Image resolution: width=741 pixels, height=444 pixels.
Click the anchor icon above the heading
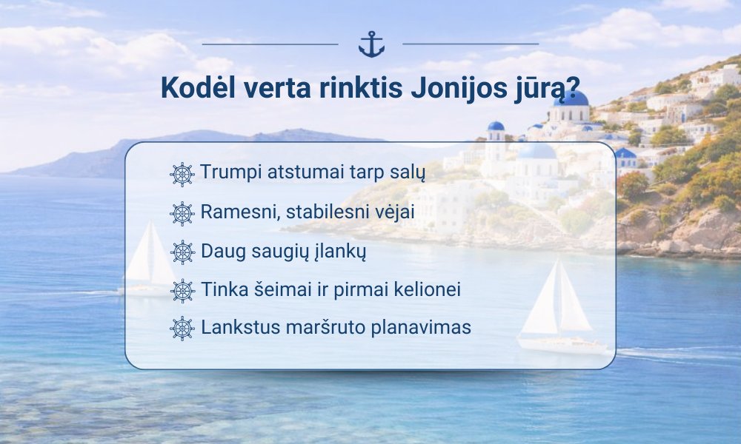(x=371, y=44)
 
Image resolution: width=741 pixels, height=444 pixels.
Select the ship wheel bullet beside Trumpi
(x=182, y=175)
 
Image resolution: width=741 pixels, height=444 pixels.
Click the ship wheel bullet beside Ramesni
(x=182, y=214)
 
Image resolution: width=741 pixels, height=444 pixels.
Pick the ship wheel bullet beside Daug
(x=182, y=252)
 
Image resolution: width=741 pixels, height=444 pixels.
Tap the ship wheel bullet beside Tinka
(x=182, y=291)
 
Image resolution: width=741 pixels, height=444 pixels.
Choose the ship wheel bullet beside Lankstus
(x=182, y=329)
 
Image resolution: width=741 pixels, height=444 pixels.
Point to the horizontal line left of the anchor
(x=270, y=44)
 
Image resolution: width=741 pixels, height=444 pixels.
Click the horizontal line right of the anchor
(x=471, y=44)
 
